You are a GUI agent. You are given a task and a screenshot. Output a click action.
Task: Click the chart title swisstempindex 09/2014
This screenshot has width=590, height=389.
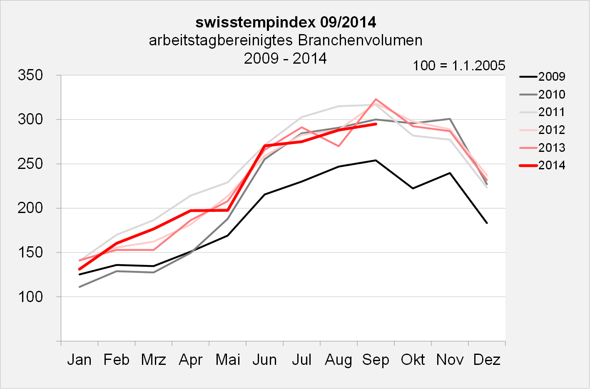(x=286, y=22)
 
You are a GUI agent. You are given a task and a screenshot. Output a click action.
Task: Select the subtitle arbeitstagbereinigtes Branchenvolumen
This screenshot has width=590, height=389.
(x=286, y=40)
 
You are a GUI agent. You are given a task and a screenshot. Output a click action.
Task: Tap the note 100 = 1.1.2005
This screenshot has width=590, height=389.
(x=459, y=65)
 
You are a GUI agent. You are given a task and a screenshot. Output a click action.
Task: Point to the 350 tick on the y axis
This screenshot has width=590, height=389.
(x=30, y=75)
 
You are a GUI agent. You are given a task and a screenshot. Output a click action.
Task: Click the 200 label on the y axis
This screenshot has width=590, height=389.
(x=30, y=208)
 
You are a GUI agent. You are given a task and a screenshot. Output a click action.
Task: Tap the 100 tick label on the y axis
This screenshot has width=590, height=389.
(x=30, y=297)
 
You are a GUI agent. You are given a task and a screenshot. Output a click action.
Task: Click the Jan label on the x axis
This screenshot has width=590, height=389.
(x=79, y=359)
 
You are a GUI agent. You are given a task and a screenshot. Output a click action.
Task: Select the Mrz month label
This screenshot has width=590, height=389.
(x=153, y=359)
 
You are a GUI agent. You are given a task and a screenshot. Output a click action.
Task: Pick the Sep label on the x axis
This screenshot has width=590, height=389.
(x=376, y=359)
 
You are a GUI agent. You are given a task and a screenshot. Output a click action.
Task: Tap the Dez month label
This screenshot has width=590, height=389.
(x=487, y=359)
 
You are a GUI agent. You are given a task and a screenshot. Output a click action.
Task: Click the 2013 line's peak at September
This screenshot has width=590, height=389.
(x=376, y=99)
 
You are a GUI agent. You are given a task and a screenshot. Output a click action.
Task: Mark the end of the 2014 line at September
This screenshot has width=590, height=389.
(x=376, y=124)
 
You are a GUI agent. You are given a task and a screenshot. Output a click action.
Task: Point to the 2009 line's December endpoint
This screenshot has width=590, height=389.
(x=487, y=223)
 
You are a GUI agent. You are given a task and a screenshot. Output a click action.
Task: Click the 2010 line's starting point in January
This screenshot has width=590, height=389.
(x=79, y=287)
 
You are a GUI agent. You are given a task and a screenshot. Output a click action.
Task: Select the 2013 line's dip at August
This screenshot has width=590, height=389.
(x=339, y=146)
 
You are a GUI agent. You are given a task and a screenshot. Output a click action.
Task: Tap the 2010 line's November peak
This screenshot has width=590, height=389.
(x=450, y=119)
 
